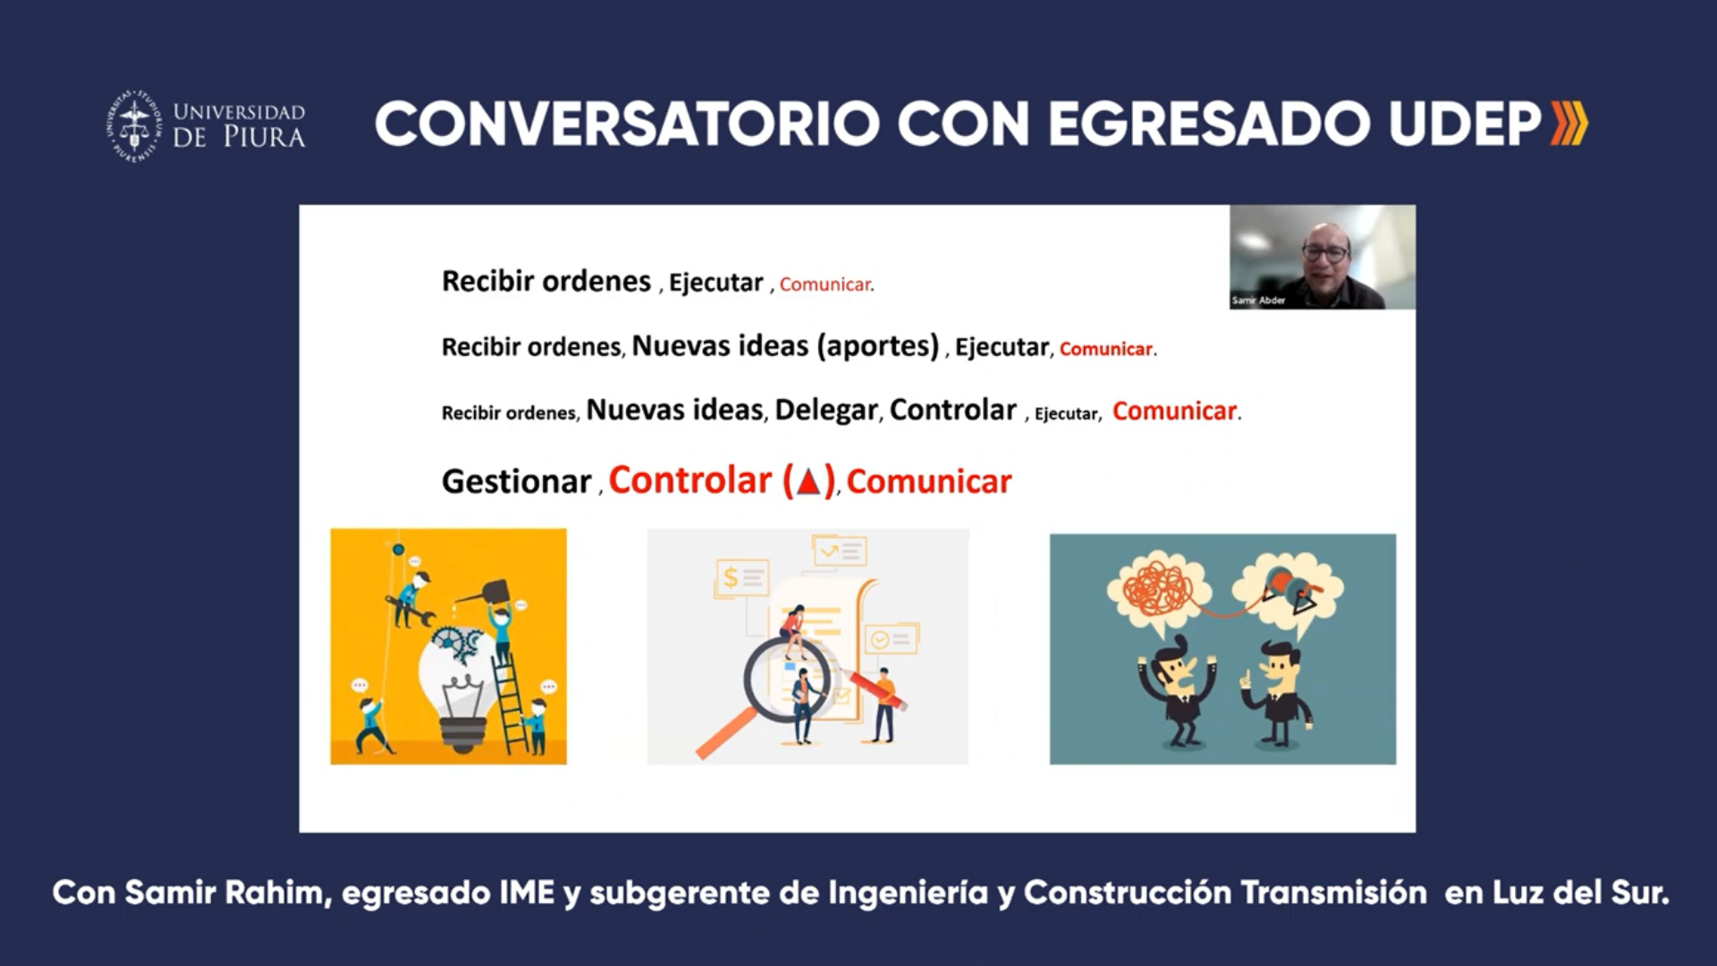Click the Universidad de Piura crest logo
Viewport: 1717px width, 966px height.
pos(134,125)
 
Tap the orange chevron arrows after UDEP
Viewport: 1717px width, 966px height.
pos(1569,123)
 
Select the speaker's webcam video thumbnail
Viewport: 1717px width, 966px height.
pos(1322,258)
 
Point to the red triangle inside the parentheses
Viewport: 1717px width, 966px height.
pos(808,483)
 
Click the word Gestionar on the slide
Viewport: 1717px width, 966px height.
pos(516,482)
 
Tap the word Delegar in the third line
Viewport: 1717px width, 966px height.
pos(826,410)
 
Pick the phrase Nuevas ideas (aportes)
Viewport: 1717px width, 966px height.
pos(785,346)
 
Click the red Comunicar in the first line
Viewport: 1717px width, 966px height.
pos(825,284)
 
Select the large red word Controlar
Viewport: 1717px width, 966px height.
pos(689,480)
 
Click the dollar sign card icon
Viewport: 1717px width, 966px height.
pos(741,579)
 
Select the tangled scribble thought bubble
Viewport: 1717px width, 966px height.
pos(1159,590)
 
